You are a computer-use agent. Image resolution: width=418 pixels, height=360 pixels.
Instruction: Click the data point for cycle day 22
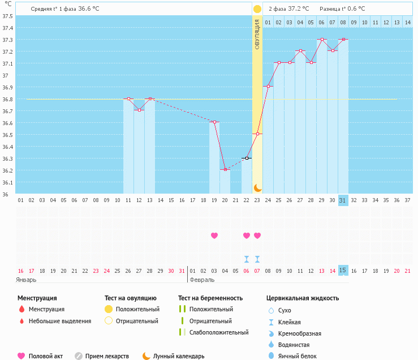[x=247, y=158]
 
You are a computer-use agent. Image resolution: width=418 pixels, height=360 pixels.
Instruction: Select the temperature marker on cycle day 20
[x=225, y=169]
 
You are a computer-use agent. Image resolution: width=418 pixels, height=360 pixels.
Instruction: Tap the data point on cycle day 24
[x=268, y=86]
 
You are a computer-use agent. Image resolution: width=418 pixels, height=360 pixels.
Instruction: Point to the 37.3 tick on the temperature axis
[x=7, y=40]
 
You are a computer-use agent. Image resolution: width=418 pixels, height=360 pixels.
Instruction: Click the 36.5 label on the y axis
[x=7, y=135]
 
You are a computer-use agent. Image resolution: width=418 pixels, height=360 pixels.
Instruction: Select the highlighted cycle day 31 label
[x=343, y=200]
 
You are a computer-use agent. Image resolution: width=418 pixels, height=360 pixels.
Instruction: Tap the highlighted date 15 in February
[x=343, y=271]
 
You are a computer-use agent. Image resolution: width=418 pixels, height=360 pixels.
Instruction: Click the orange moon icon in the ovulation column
[x=257, y=188]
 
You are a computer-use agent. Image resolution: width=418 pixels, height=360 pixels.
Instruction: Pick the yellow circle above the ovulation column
[x=257, y=9]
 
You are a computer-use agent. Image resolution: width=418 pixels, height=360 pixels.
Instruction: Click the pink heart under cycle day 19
[x=214, y=235]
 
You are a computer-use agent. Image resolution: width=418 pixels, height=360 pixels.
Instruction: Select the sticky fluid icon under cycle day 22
[x=247, y=259]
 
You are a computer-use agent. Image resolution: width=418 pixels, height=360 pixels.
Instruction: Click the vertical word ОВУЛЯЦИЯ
[x=257, y=35]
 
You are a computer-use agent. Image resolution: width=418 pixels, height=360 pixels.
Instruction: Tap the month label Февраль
[x=202, y=280]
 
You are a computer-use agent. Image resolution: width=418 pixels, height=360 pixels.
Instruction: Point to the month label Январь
[x=26, y=280]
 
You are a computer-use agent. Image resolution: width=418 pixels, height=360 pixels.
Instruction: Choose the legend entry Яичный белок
[x=298, y=356]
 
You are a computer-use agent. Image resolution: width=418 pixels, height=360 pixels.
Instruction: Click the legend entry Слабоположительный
[x=219, y=332]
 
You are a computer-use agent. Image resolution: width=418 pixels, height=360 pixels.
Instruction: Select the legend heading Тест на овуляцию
[x=130, y=298]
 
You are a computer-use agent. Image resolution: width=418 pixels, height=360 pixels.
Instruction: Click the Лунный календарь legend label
[x=179, y=356]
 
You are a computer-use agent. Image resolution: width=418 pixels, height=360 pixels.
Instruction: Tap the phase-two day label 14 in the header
[x=408, y=23]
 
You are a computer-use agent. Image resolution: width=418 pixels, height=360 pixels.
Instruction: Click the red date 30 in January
[x=171, y=271]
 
